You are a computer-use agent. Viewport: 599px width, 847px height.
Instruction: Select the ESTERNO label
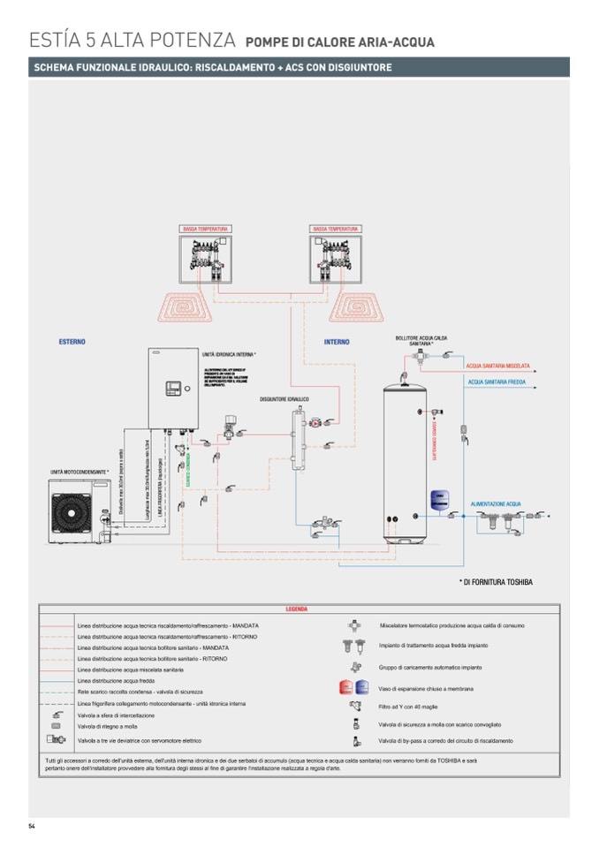(x=72, y=341)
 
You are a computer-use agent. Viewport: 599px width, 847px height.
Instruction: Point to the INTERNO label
(x=336, y=342)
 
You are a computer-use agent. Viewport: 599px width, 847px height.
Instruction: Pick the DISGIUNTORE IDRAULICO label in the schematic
(x=284, y=399)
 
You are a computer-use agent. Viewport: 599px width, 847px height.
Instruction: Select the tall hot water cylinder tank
(x=409, y=459)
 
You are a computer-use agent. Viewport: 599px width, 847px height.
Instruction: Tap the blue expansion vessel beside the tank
(x=437, y=499)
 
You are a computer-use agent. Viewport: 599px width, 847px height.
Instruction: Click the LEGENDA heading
(x=297, y=609)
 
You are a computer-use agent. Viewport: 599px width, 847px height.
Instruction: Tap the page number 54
(x=31, y=826)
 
